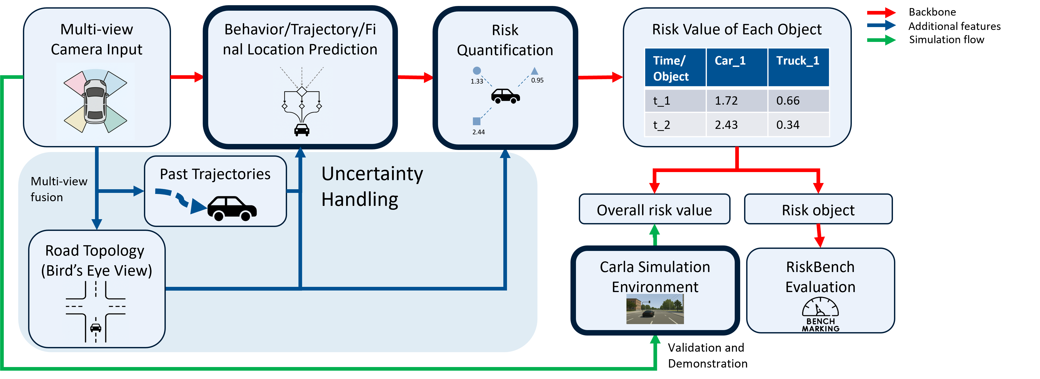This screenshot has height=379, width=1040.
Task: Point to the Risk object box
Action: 818,209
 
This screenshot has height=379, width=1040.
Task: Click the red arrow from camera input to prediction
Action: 187,77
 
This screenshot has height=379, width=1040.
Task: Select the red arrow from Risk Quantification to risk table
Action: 600,77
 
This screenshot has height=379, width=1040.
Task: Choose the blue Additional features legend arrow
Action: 881,26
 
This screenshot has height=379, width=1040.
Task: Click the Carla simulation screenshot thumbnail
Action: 655,309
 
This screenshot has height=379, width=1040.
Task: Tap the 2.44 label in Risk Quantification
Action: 478,132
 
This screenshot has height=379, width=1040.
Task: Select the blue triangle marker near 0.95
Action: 535,71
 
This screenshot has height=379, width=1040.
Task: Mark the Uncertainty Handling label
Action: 372,186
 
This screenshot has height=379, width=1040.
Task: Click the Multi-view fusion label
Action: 59,189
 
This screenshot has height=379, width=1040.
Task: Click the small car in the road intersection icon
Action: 96,327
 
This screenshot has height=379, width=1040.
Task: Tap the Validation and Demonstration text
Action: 707,355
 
